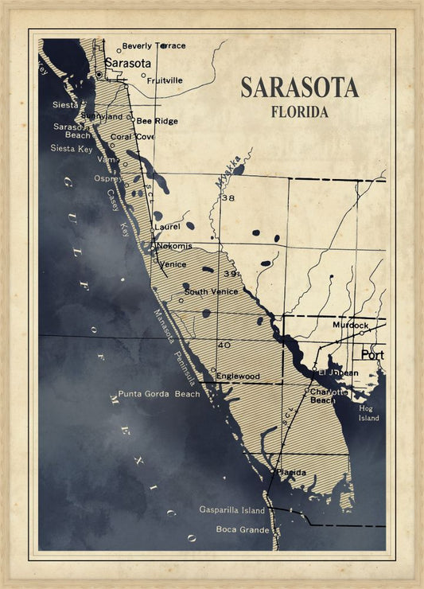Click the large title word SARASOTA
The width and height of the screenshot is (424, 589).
coord(299,88)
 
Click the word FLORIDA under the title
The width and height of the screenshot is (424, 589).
coord(299,112)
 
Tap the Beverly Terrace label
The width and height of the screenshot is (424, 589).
coord(154,46)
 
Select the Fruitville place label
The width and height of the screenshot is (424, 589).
coord(165,80)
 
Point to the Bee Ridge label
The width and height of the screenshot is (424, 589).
coord(157,121)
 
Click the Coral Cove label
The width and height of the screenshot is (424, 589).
coord(132,137)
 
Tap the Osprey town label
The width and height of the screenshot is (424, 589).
coord(108,178)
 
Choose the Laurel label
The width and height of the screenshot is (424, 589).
coord(167,227)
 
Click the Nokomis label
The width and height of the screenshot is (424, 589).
coord(173,246)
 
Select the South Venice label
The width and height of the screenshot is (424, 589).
coord(211,292)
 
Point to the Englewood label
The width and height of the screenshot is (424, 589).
coord(238,376)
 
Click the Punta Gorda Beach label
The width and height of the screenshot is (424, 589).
coord(159,394)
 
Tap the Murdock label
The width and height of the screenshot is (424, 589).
coord(351,326)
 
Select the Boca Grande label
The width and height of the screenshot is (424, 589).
coord(237,529)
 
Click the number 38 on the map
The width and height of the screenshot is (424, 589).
coord(229,198)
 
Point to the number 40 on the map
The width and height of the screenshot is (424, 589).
coord(224,345)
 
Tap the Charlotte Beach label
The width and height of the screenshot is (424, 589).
coord(329,396)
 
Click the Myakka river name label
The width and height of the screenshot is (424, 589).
coord(225,173)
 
